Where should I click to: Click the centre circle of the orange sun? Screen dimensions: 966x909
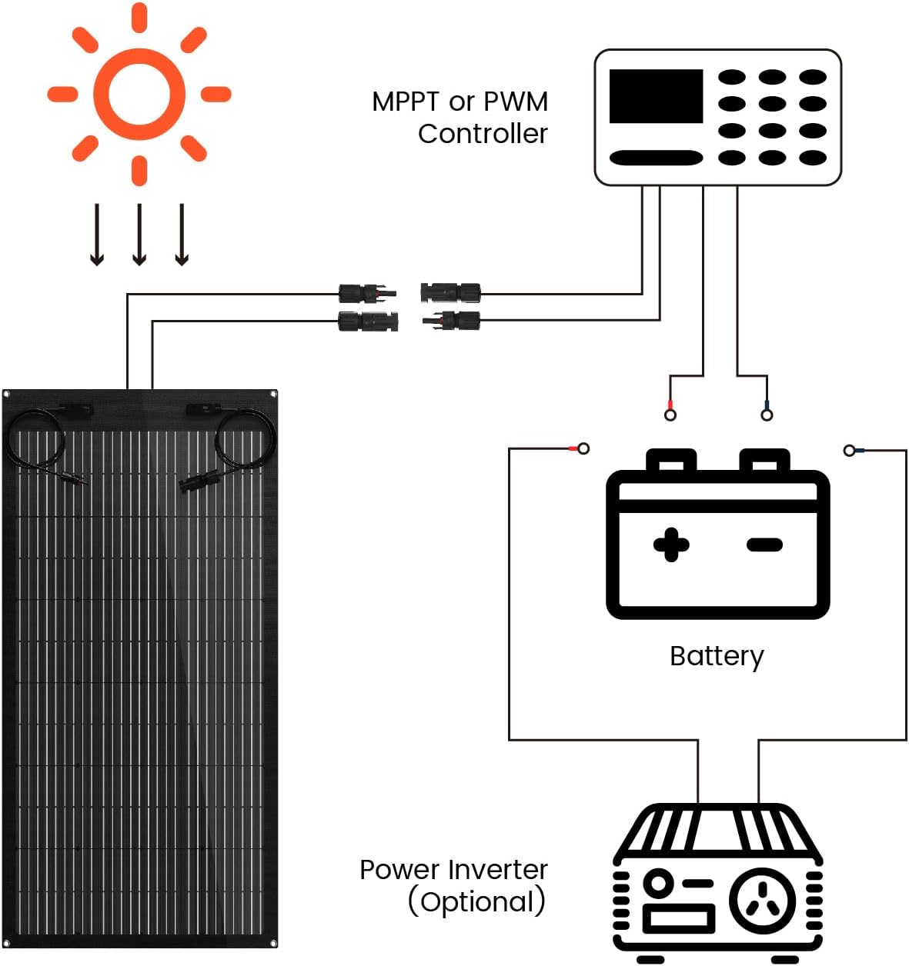tap(139, 94)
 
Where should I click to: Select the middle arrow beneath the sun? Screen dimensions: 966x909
tap(139, 234)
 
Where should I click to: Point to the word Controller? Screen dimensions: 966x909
tap(483, 134)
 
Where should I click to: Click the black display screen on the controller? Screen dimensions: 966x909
tap(656, 96)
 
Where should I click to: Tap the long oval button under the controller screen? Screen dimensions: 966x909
tap(656, 158)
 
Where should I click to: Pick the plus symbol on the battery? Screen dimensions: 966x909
tap(671, 545)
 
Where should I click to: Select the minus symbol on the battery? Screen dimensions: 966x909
tap(764, 545)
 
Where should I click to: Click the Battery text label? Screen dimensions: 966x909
tap(717, 656)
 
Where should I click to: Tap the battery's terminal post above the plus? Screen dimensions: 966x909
tap(671, 460)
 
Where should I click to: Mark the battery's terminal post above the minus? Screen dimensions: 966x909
tap(764, 460)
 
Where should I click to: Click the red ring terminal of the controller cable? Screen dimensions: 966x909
tap(670, 414)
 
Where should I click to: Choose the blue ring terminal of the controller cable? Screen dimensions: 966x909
tap(767, 414)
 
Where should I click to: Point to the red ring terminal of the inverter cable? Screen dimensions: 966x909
tap(583, 448)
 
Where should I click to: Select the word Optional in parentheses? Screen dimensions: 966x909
tap(476, 902)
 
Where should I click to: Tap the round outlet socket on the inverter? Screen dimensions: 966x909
tap(762, 899)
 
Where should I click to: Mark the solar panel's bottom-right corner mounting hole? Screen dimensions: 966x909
tap(273, 943)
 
